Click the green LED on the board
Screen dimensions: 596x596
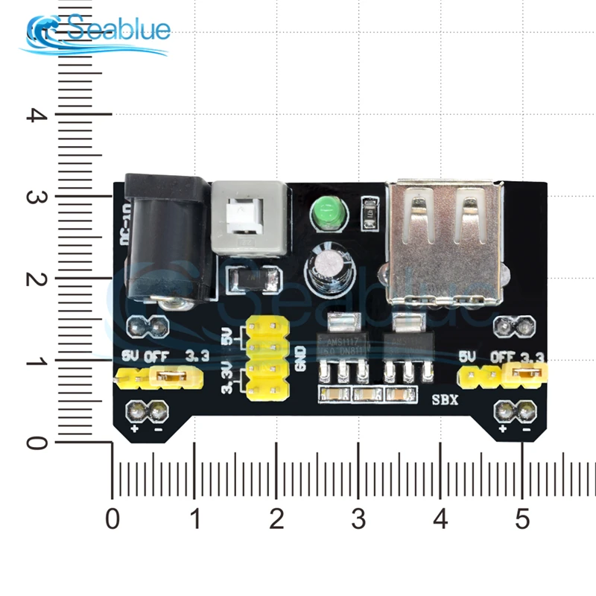(326, 214)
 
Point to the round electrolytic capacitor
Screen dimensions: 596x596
(326, 271)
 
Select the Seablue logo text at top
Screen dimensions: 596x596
(119, 31)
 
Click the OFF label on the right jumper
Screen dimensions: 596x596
(504, 356)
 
